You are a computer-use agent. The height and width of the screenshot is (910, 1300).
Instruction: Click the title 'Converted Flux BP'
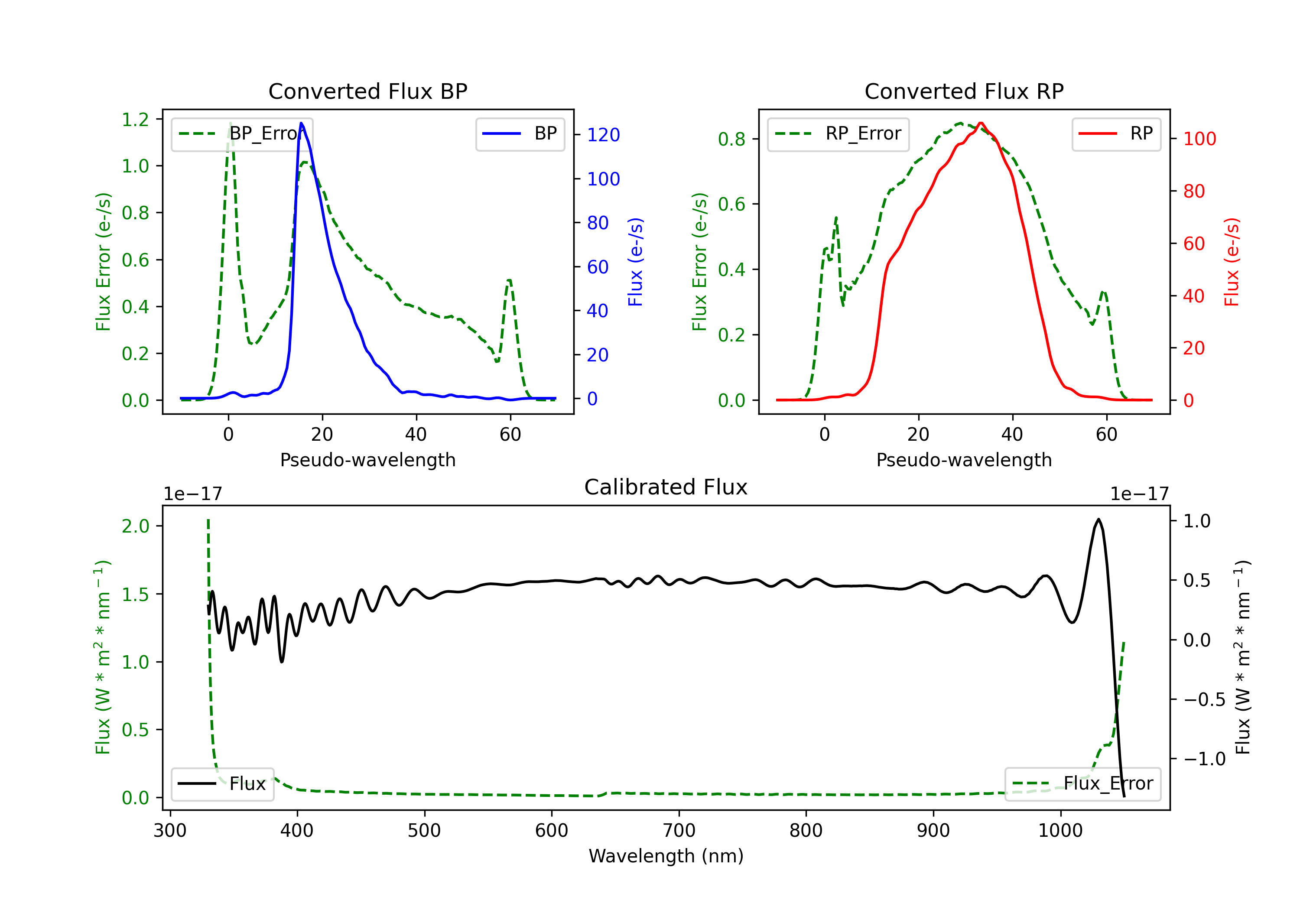click(367, 91)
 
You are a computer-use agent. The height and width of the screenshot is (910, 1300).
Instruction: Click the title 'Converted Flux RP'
click(964, 91)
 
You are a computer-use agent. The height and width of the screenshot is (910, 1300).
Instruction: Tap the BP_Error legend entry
click(242, 133)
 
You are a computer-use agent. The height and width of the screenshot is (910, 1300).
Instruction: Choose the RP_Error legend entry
click(838, 133)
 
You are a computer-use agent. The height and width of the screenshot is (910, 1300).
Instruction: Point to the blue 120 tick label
click(603, 135)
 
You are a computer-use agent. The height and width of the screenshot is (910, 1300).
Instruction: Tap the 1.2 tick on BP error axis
click(135, 120)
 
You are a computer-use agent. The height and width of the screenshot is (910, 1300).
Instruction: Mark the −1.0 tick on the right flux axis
click(1204, 759)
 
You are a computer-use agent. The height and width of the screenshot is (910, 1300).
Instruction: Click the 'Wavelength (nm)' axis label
click(666, 856)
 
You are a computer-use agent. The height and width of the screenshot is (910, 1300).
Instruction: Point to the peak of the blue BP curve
click(301, 123)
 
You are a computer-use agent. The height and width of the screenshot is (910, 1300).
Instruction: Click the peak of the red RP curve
click(981, 123)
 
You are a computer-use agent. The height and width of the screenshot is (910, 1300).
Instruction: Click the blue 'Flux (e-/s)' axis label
click(635, 262)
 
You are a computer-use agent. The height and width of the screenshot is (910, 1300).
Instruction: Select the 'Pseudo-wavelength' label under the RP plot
click(964, 460)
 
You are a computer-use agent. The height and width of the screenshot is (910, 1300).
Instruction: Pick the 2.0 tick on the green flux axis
click(135, 526)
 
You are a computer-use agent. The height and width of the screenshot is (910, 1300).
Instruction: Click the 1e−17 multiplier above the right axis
click(1139, 494)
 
